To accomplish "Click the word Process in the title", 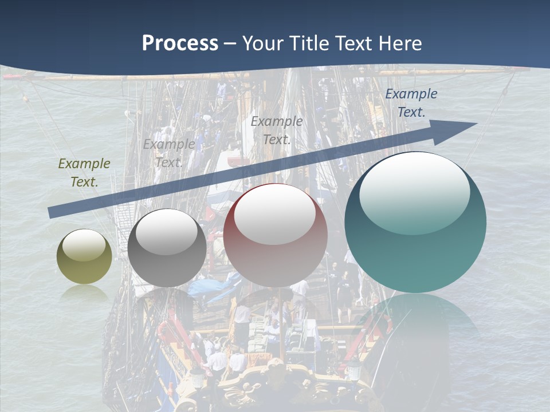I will click(x=180, y=43).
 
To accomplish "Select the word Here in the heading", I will click(x=401, y=43).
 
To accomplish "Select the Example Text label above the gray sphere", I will click(x=168, y=153).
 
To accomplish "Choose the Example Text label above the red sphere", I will click(x=277, y=130).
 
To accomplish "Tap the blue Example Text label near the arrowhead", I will click(x=411, y=103).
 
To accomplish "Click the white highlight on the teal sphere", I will click(x=414, y=192).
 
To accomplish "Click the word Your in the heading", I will click(x=263, y=43).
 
